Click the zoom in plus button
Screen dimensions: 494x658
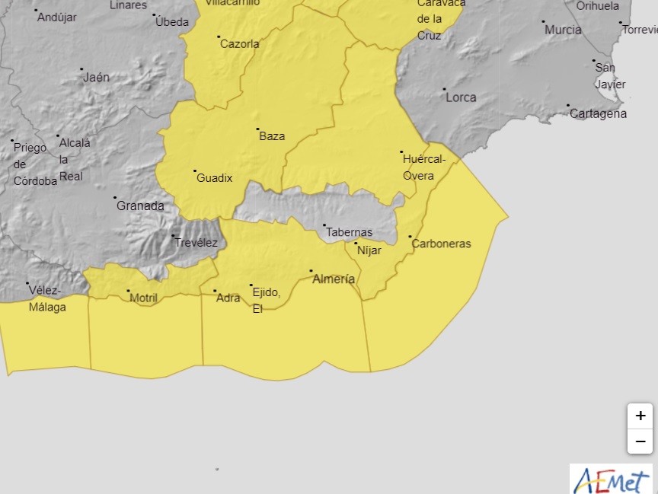pyautogui.click(x=640, y=416)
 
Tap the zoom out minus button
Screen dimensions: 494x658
pyautogui.click(x=640, y=441)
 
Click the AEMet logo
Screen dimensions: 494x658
pyautogui.click(x=611, y=480)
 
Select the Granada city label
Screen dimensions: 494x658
pyautogui.click(x=140, y=206)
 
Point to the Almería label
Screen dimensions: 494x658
pyautogui.click(x=334, y=279)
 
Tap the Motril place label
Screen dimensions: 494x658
pyautogui.click(x=143, y=298)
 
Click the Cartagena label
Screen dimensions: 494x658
pyautogui.click(x=599, y=113)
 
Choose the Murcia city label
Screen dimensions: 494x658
pyautogui.click(x=564, y=30)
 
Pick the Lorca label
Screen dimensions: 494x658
pyautogui.click(x=461, y=97)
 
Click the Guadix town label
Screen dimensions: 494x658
pyautogui.click(x=214, y=178)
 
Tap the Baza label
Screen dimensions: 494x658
pyautogui.click(x=272, y=136)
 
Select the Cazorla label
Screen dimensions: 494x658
pyautogui.click(x=239, y=44)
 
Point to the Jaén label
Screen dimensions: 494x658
pyautogui.click(x=97, y=77)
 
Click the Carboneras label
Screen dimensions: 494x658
pyautogui.click(x=441, y=244)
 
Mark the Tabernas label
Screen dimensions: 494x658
pyautogui.click(x=350, y=232)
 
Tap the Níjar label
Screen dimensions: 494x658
pyautogui.click(x=369, y=250)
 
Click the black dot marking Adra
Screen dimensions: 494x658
pyautogui.click(x=215, y=291)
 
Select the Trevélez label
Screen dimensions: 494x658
pyautogui.click(x=196, y=243)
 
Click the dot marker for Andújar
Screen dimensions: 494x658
pyautogui.click(x=36, y=11)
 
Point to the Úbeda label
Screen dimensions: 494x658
pyautogui.click(x=172, y=22)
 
